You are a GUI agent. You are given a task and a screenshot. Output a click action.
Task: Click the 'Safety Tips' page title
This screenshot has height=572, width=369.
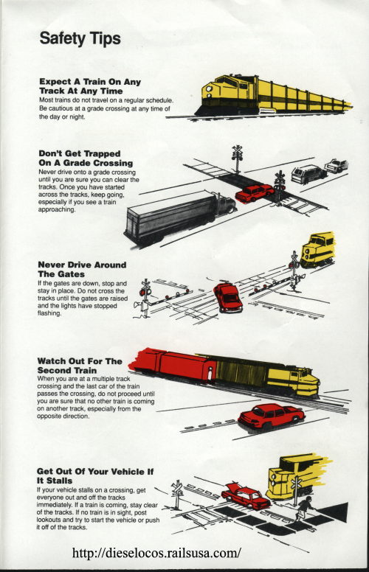coord(80,38)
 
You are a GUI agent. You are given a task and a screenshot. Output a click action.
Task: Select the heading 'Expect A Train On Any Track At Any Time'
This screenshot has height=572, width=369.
coord(90,86)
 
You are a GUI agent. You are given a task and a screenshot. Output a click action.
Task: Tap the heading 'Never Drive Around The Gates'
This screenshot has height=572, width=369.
coord(82,269)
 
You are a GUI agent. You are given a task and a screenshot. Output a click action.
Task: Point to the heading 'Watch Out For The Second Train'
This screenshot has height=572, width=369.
coord(80,366)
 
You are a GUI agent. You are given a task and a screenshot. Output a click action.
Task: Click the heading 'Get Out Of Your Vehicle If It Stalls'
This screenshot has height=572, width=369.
coord(95,476)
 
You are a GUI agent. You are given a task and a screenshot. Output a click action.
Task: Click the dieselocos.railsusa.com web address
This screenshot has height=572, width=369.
coord(156,553)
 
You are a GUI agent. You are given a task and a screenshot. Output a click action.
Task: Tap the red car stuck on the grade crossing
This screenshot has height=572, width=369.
coord(255,193)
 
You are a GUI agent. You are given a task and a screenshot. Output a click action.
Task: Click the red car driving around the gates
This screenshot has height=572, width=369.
coord(227,298)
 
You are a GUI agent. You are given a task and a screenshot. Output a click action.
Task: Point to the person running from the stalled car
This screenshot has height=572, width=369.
coord(303,509)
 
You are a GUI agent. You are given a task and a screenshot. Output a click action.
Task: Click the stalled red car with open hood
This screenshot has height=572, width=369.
coord(246,497)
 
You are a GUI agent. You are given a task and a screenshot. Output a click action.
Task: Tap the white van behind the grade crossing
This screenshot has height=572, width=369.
coord(308,174)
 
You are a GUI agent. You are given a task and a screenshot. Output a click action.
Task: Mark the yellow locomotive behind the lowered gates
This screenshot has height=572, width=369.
coord(318,250)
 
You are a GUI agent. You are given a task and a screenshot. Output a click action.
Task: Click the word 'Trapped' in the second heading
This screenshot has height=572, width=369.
coord(102,153)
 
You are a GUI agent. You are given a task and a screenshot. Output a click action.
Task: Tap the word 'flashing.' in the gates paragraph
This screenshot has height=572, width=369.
coord(49,313)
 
